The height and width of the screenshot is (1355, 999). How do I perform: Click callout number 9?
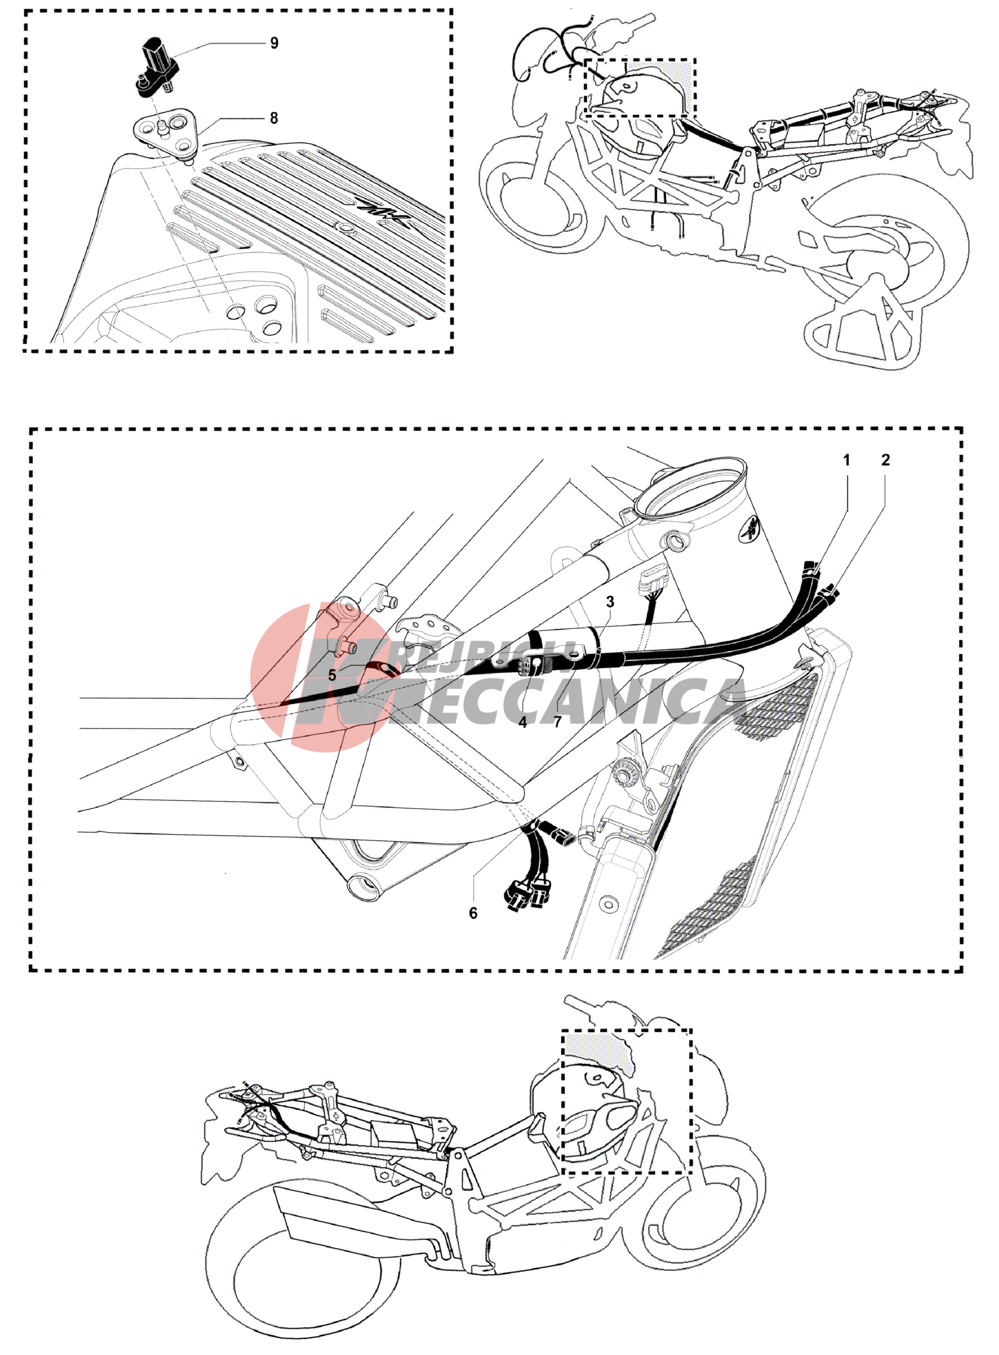pos(274,43)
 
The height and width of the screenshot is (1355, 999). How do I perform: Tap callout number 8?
pos(274,118)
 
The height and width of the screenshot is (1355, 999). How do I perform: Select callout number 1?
pos(847,460)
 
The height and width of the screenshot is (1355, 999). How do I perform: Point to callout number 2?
pos(886,460)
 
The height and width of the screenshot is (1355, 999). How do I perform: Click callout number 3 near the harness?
pos(610,602)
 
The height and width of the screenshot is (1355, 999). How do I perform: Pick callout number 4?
pos(523,722)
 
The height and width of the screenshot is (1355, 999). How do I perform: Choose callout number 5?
pos(332,675)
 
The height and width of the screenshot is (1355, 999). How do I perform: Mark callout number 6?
pos(473,913)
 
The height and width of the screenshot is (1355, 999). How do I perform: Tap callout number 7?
pos(558,722)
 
